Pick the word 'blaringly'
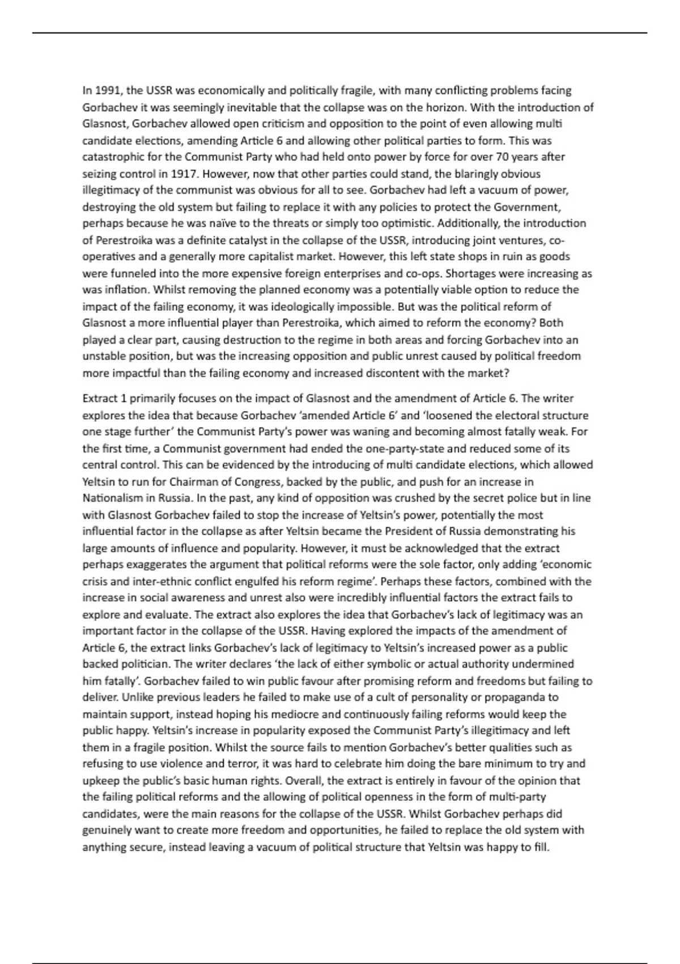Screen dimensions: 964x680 (x=441, y=174)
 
